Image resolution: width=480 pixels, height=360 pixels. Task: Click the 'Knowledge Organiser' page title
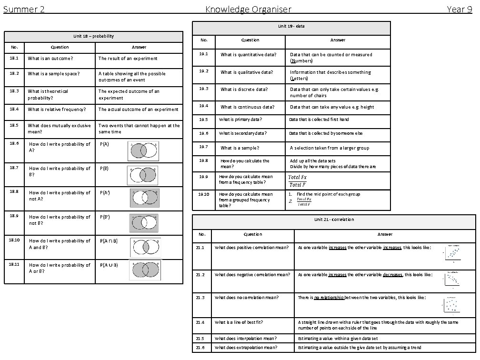tap(248, 9)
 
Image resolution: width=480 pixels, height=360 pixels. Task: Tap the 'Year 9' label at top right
tap(459, 9)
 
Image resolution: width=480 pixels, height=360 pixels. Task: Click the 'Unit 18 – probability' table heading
tap(93, 36)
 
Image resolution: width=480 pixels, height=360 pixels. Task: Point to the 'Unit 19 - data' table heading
tap(291, 26)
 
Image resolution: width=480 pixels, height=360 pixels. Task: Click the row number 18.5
tap(14, 126)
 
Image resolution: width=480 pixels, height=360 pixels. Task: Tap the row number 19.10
tap(204, 194)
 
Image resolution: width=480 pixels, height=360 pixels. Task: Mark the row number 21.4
tap(200, 322)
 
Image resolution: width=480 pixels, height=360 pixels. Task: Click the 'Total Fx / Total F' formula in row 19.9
tap(298, 181)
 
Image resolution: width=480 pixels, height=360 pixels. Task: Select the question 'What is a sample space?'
tap(53, 74)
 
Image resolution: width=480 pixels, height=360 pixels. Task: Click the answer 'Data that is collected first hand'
tap(319, 120)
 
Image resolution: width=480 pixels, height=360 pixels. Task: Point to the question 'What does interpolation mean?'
tap(246, 339)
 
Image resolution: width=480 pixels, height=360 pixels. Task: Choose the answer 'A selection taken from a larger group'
tap(330, 148)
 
